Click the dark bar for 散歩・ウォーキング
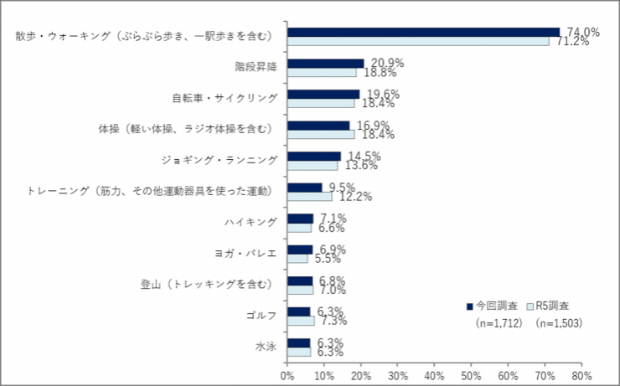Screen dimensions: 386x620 [x=423, y=32]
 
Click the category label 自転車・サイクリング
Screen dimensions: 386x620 [x=225, y=98]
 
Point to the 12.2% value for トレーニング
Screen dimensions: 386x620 [x=354, y=197]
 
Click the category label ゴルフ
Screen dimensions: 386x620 [x=261, y=316]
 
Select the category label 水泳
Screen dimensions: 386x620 [x=266, y=347]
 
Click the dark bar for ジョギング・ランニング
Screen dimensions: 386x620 [x=314, y=156]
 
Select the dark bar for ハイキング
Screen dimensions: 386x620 [x=300, y=218]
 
